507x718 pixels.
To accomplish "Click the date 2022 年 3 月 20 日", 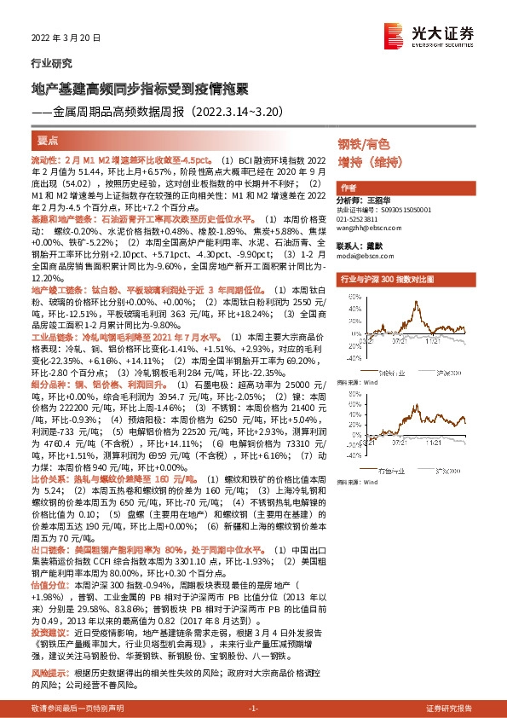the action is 66,38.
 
